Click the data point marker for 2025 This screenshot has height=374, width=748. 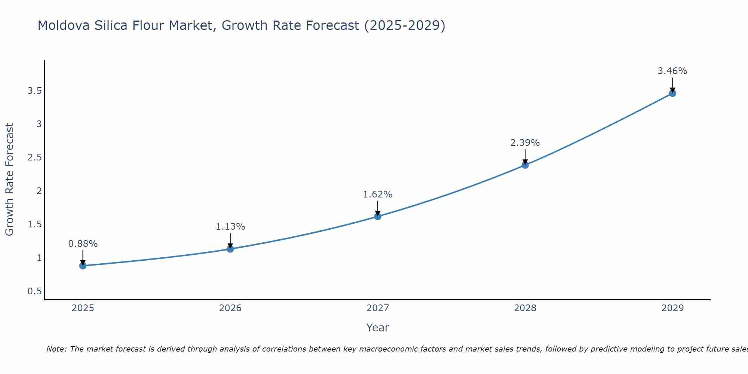click(83, 266)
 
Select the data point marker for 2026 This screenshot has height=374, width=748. click(230, 249)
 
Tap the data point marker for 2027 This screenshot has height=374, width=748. click(378, 217)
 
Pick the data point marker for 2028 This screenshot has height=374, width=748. click(525, 165)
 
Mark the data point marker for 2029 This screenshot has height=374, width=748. click(672, 93)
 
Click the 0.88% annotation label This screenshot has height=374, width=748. click(83, 244)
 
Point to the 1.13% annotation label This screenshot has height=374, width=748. click(230, 227)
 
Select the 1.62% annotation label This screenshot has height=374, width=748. click(378, 194)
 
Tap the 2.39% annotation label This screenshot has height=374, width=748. click(525, 143)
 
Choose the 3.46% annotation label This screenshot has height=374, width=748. click(672, 71)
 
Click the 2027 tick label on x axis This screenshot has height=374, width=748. click(378, 308)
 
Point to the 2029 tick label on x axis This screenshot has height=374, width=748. click(672, 308)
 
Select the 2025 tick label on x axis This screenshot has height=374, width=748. click(83, 308)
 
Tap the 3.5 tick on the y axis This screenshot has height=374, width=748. click(34, 91)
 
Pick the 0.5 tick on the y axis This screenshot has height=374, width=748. click(34, 291)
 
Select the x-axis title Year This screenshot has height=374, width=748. click(378, 328)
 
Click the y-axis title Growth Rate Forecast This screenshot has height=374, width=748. click(9, 180)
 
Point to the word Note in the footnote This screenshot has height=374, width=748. click(56, 349)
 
